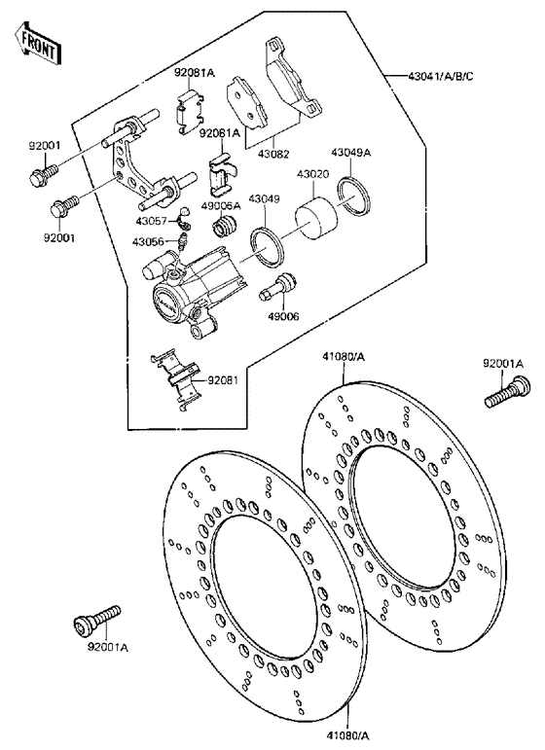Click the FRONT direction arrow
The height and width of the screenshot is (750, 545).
[x=37, y=42]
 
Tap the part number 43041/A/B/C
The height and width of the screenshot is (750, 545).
[x=440, y=76]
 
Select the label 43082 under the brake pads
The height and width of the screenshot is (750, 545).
[x=273, y=154]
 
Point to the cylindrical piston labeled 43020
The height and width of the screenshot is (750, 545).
[x=315, y=220]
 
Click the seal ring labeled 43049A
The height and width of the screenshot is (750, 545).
[x=354, y=196]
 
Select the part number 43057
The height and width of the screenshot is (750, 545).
[x=151, y=222]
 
